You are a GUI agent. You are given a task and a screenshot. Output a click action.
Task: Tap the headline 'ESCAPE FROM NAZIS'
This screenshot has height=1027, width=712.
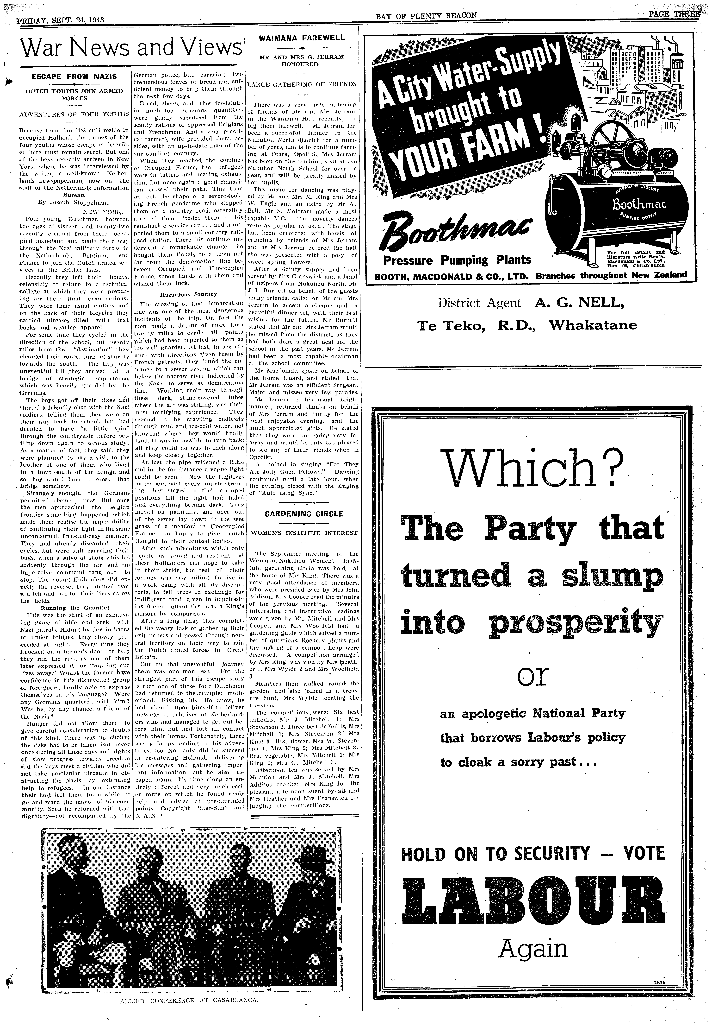74,77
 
